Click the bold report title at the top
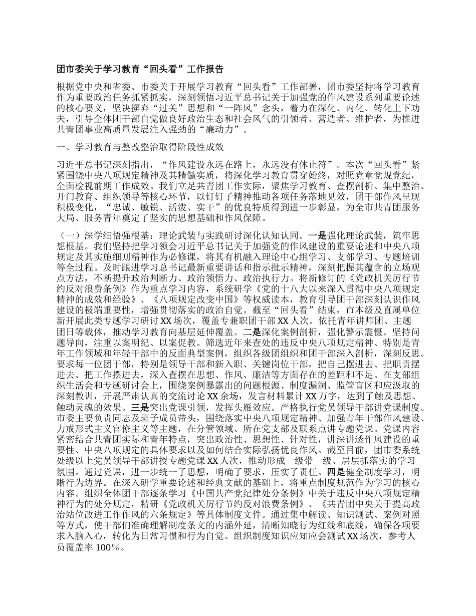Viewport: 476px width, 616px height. [x=140, y=70]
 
